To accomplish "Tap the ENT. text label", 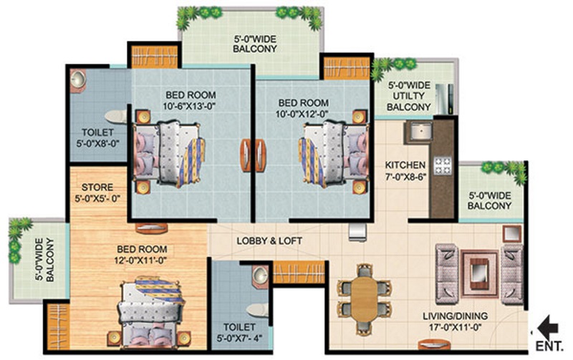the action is pyautogui.click(x=549, y=346).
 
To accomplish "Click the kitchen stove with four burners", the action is pyautogui.click(x=443, y=165).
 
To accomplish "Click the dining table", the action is pyautogui.click(x=365, y=298).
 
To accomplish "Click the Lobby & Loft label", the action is pyautogui.click(x=269, y=241).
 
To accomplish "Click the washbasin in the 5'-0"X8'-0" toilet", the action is pyautogui.click(x=78, y=80).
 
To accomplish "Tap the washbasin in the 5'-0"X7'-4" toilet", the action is pyautogui.click(x=260, y=275).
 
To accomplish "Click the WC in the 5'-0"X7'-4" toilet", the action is pyautogui.click(x=257, y=310).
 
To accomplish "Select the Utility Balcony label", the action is pyautogui.click(x=408, y=97).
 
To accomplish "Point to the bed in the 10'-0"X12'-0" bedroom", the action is pyautogui.click(x=333, y=153).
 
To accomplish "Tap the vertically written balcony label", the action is pyautogui.click(x=44, y=259).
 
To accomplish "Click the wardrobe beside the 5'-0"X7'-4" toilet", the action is pyautogui.click(x=299, y=273).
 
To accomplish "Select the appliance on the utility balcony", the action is pyautogui.click(x=446, y=99).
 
